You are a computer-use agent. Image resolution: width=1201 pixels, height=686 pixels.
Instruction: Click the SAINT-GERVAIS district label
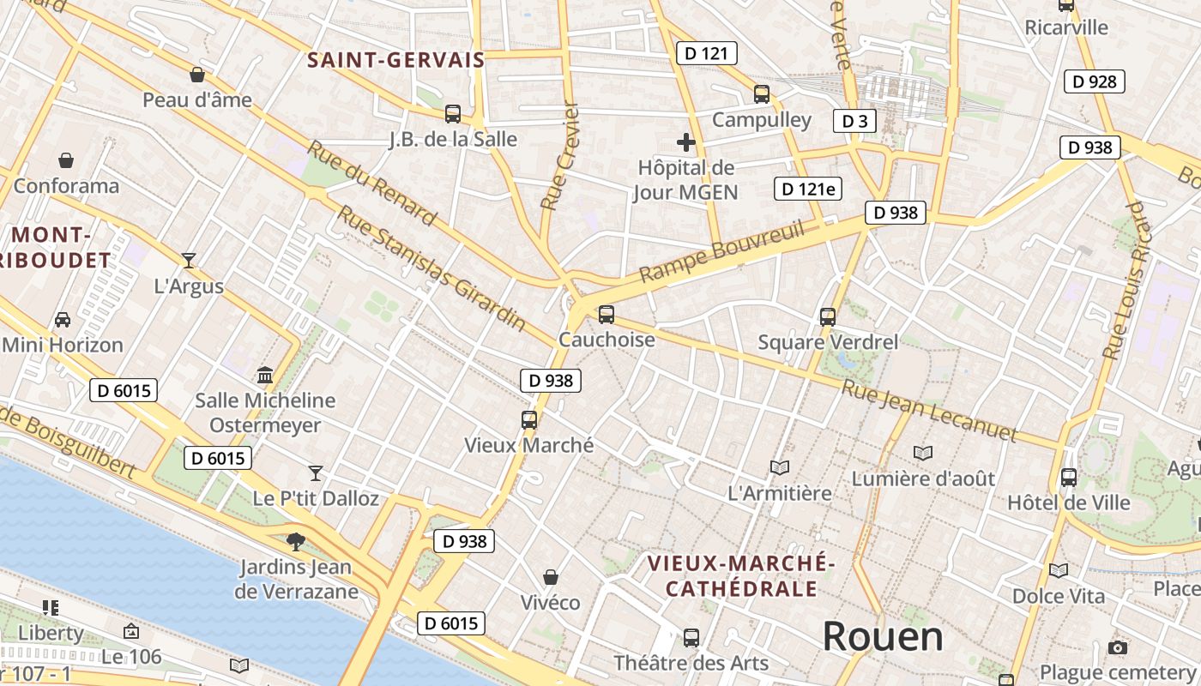(x=395, y=60)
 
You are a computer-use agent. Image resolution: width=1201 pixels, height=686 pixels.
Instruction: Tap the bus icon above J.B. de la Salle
(x=453, y=113)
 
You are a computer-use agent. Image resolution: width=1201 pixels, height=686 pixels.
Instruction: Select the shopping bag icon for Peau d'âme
(x=197, y=75)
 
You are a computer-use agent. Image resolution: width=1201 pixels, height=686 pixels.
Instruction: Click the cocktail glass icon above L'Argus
(x=189, y=260)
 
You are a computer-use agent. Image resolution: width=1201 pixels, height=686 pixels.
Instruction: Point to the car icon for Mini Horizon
(x=63, y=320)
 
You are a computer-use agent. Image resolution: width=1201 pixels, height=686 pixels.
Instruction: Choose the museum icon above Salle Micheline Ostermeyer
(x=265, y=376)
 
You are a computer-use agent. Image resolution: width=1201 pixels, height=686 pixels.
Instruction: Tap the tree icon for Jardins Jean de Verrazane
(x=296, y=541)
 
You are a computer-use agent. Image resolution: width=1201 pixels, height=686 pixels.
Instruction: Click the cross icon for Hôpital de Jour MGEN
(x=686, y=142)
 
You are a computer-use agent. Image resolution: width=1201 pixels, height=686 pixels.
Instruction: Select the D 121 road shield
(x=706, y=53)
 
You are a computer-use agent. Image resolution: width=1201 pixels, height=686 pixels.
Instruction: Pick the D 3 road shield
(x=854, y=121)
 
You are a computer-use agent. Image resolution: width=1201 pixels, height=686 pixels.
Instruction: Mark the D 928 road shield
(x=1095, y=81)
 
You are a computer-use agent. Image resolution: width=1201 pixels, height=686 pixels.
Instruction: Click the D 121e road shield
(x=808, y=189)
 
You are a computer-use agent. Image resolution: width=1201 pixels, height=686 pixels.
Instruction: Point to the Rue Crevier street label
(x=561, y=156)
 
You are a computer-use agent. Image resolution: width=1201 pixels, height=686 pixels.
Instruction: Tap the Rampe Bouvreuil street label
(x=722, y=251)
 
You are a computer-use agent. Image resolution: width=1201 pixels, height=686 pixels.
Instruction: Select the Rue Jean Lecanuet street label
(x=928, y=409)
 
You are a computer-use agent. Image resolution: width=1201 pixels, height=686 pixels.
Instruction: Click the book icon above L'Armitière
(x=779, y=467)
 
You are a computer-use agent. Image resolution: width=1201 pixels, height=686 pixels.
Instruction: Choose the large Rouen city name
(x=883, y=636)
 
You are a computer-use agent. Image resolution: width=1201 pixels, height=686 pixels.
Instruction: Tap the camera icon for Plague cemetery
(x=1117, y=647)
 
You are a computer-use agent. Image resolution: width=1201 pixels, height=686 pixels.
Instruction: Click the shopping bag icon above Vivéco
(x=551, y=577)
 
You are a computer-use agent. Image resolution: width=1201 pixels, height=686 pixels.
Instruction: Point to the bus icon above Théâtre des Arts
(x=691, y=638)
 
